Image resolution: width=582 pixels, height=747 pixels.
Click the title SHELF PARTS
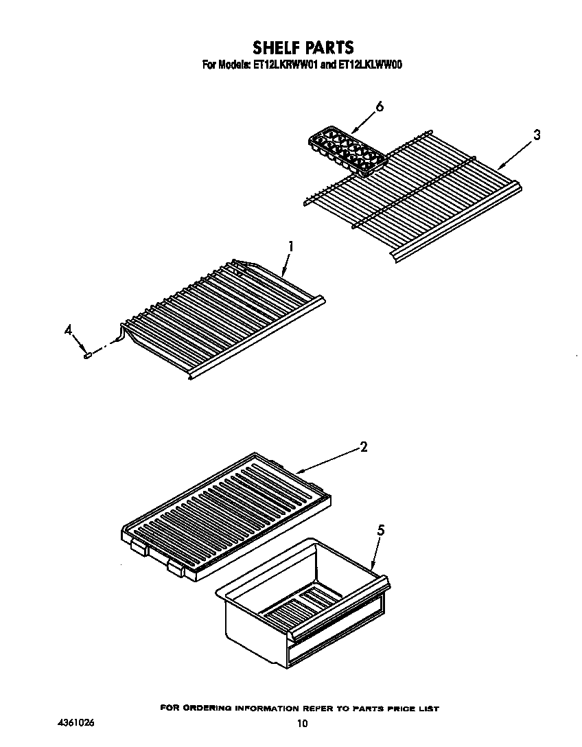pos(303,47)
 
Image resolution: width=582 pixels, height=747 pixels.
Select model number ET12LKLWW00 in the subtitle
pos(370,66)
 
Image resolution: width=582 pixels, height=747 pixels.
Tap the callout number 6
pos(379,107)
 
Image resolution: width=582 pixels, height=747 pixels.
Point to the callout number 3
pos(537,135)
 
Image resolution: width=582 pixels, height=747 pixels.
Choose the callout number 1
pos(291,246)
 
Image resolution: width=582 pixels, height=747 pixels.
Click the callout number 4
pos(69,331)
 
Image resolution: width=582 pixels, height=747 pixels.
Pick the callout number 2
pos(364,447)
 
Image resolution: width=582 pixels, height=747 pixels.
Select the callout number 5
pos(381,529)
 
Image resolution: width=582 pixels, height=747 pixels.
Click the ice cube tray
pos(347,149)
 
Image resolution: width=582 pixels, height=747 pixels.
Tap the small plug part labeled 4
pos(88,354)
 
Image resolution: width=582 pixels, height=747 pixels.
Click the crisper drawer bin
pos(302,604)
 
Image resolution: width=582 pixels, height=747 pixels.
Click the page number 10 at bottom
pos(302,723)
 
